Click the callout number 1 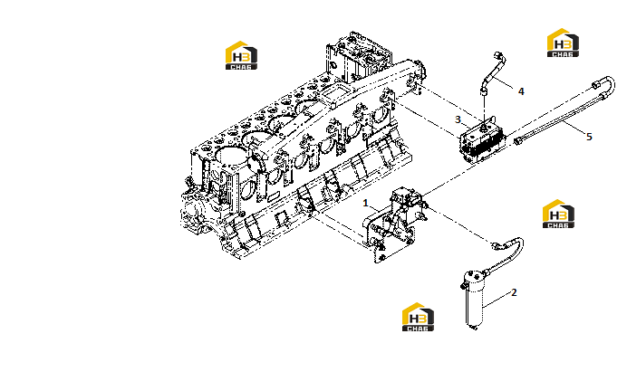click(365, 203)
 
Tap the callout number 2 click(514, 292)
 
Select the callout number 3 click(458, 119)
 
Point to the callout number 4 click(521, 91)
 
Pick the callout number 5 click(589, 137)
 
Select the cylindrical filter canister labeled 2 click(474, 299)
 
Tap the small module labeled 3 click(482, 140)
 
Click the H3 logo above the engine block click(241, 55)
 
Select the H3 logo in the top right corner click(563, 43)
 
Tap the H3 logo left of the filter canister click(418, 317)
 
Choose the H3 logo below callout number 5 click(558, 214)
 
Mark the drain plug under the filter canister click(474, 328)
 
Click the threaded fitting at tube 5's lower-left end click(518, 140)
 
